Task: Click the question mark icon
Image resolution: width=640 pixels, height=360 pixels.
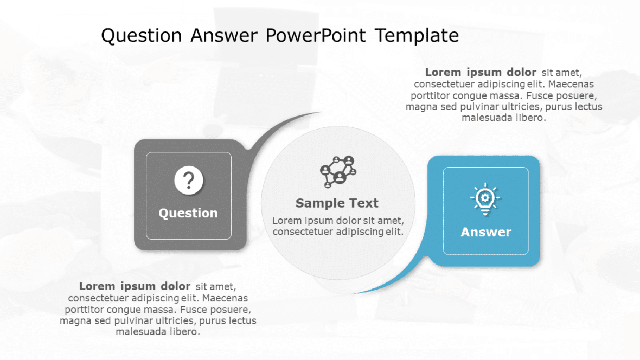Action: [x=189, y=181]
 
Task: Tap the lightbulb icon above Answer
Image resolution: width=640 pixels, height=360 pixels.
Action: [x=485, y=199]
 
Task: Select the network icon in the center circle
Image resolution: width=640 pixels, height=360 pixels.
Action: [x=337, y=172]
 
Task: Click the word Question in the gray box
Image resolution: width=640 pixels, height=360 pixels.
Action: [x=188, y=213]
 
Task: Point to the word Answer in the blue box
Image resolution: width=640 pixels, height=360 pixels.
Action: [x=485, y=232]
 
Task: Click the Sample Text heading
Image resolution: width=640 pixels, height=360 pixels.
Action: [x=337, y=203]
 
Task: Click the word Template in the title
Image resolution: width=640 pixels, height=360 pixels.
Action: [x=417, y=36]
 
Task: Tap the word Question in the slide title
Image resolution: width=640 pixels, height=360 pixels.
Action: [x=142, y=36]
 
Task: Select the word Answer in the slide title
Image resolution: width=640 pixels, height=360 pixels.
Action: [x=224, y=36]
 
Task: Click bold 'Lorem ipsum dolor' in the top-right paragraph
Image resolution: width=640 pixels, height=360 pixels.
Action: [x=481, y=73]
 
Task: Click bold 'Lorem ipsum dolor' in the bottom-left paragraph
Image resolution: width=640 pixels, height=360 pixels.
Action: [x=135, y=286]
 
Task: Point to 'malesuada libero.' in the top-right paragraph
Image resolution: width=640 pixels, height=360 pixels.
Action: [x=503, y=118]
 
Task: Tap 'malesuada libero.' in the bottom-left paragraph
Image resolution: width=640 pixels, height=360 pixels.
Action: [x=158, y=332]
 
